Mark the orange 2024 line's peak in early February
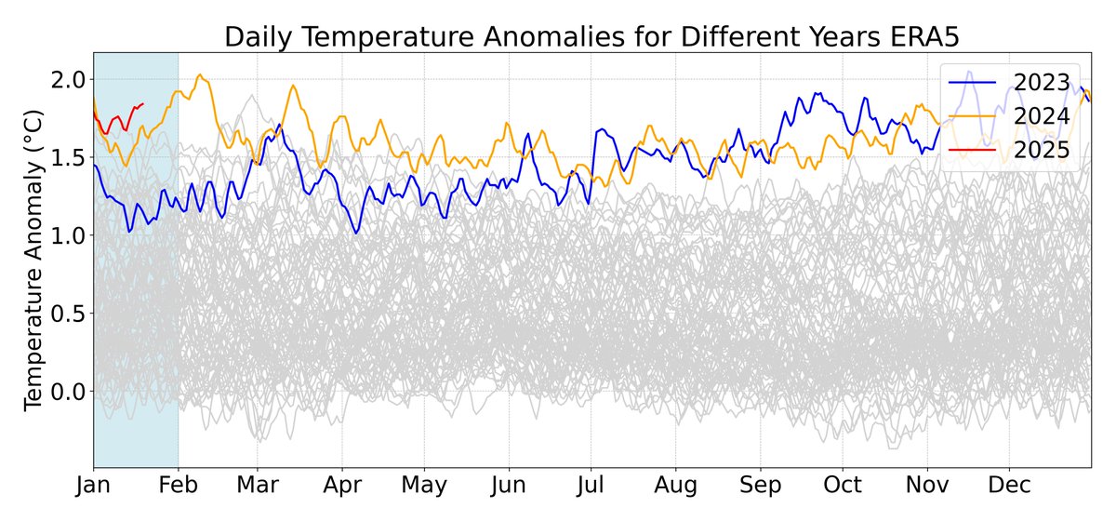pyautogui.click(x=200, y=75)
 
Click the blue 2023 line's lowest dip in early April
pyautogui.click(x=356, y=232)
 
